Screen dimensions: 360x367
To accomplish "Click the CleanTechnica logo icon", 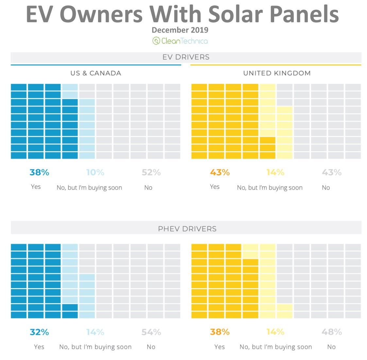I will point(156,41).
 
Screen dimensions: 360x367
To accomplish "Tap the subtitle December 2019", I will point(180,30).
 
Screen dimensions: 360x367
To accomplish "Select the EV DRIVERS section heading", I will point(186,57).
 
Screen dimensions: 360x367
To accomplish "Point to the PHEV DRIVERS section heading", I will point(187,229).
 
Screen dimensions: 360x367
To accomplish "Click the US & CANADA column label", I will point(96,73).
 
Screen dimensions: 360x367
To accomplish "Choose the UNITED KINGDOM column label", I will point(277,73).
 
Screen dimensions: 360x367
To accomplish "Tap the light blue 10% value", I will point(95,172).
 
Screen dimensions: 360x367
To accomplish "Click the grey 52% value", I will point(151,172).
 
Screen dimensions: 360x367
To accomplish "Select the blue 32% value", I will point(39,332).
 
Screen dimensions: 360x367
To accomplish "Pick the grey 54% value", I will point(151,332).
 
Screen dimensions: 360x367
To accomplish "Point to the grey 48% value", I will point(332,332).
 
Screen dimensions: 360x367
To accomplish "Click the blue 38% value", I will point(39,172).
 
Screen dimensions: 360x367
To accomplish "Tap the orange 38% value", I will point(220,332).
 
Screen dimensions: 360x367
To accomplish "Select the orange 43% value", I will point(220,172).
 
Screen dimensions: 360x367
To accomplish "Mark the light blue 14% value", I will point(95,332).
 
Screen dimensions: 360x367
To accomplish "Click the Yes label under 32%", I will point(39,347).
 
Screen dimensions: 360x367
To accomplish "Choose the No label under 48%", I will point(331,347).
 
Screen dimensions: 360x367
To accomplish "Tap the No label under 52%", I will point(148,188).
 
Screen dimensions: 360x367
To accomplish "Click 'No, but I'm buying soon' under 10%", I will point(89,188).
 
